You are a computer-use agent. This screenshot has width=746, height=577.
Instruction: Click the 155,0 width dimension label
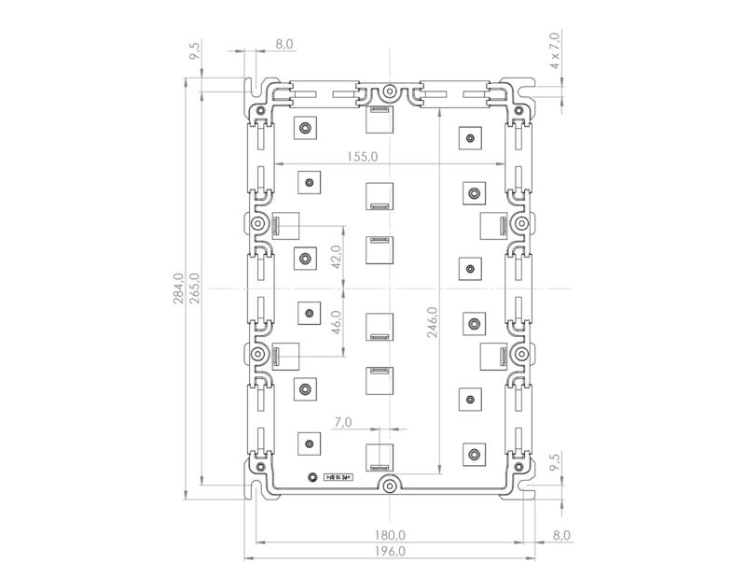click(x=360, y=157)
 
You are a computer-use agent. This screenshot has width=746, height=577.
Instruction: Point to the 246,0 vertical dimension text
click(x=431, y=324)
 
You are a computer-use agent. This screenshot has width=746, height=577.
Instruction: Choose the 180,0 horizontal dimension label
click(x=389, y=535)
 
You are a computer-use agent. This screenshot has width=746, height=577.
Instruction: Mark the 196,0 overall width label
click(x=389, y=551)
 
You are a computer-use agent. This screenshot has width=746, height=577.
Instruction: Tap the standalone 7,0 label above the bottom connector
click(x=341, y=423)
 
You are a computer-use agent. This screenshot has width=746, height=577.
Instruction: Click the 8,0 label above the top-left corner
click(x=284, y=44)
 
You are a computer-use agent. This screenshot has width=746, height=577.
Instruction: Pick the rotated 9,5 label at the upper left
click(x=195, y=51)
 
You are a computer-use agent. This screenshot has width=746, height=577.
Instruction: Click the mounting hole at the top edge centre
click(x=389, y=92)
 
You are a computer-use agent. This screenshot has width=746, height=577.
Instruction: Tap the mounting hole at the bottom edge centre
click(x=389, y=485)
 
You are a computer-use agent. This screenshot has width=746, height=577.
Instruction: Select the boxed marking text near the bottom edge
click(x=338, y=477)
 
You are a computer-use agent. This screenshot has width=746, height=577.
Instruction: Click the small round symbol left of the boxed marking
click(x=312, y=476)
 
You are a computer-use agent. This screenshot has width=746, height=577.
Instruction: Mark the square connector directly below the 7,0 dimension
click(x=379, y=455)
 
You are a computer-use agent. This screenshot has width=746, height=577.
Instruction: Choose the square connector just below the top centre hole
click(x=379, y=119)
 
